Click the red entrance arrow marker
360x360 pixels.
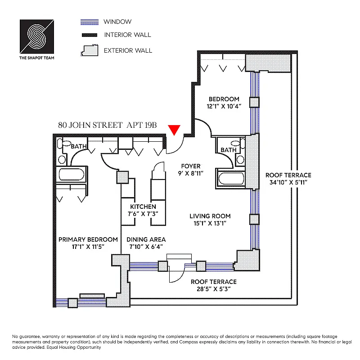[x=175, y=130]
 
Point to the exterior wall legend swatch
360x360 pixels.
[x=89, y=50]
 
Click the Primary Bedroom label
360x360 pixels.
[x=88, y=239]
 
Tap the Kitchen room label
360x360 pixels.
[x=143, y=207]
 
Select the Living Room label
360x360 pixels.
[x=210, y=216]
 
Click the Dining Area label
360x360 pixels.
[x=146, y=239]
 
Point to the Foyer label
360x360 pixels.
[x=191, y=166]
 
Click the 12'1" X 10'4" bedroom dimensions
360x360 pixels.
[x=224, y=107]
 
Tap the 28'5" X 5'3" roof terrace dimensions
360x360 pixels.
[x=213, y=289]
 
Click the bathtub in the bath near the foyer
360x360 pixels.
[x=231, y=178]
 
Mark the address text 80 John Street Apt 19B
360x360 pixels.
[x=108, y=126]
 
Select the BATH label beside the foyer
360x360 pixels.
[x=229, y=150]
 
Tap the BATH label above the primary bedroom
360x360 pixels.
[x=78, y=146]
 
